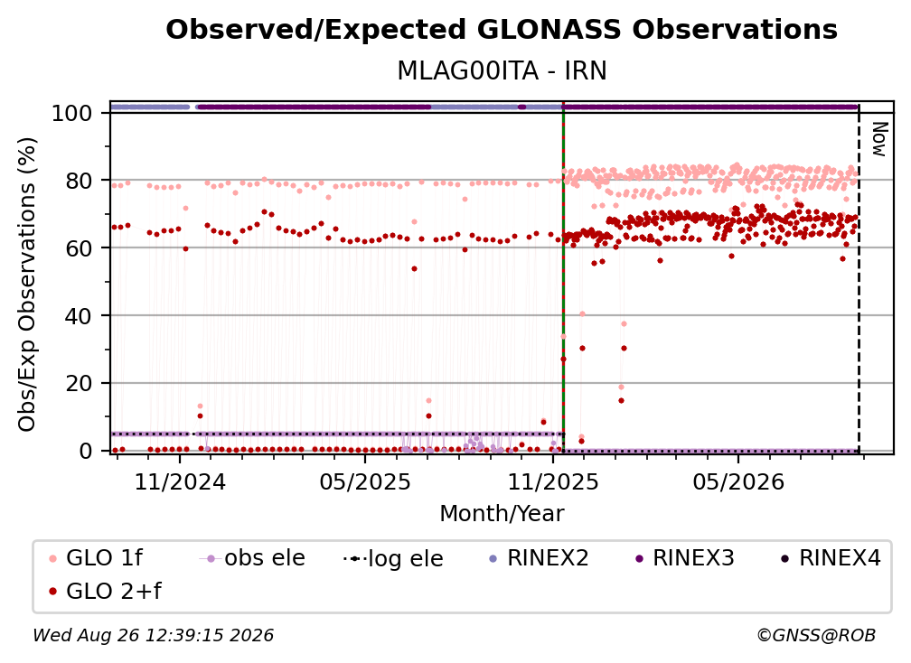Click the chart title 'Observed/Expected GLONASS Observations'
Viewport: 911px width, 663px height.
pos(502,30)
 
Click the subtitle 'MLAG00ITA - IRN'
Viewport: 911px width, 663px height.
pos(502,70)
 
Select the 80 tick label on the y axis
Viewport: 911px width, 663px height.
pos(79,181)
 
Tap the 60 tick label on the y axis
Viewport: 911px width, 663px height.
pos(79,248)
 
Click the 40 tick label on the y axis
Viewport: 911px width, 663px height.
pos(79,316)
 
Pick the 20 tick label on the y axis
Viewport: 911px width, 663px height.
pos(79,384)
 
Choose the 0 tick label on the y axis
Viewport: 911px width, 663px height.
pos(86,451)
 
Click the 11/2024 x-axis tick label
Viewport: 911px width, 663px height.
pos(180,482)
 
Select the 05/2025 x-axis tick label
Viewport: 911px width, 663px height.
pos(365,482)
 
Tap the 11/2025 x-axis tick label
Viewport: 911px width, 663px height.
pos(553,482)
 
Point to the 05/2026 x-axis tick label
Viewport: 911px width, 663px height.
pos(738,482)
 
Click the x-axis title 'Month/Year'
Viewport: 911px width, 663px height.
pos(502,514)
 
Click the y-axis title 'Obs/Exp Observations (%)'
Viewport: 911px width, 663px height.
pos(27,285)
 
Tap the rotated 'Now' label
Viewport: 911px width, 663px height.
pos(879,139)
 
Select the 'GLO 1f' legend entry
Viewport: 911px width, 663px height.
pos(96,558)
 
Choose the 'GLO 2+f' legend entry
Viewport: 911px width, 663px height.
pos(105,592)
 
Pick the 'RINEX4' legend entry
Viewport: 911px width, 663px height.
pos(831,558)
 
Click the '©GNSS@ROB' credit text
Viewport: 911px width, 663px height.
pos(816,636)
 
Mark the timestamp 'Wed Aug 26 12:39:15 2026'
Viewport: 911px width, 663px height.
pos(153,636)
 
